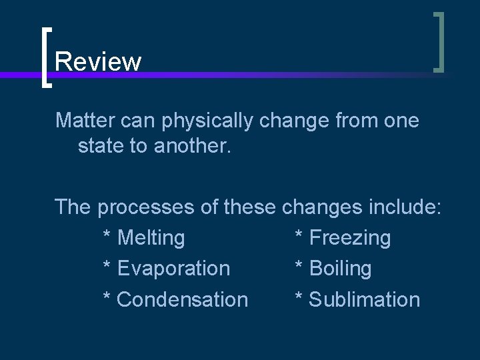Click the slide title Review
(x=98, y=62)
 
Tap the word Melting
(x=151, y=238)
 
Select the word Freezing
(x=351, y=238)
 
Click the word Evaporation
(x=173, y=269)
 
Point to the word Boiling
(x=341, y=269)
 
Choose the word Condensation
(x=182, y=300)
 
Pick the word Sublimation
(x=365, y=300)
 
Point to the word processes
(x=146, y=208)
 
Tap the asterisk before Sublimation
(x=300, y=297)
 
